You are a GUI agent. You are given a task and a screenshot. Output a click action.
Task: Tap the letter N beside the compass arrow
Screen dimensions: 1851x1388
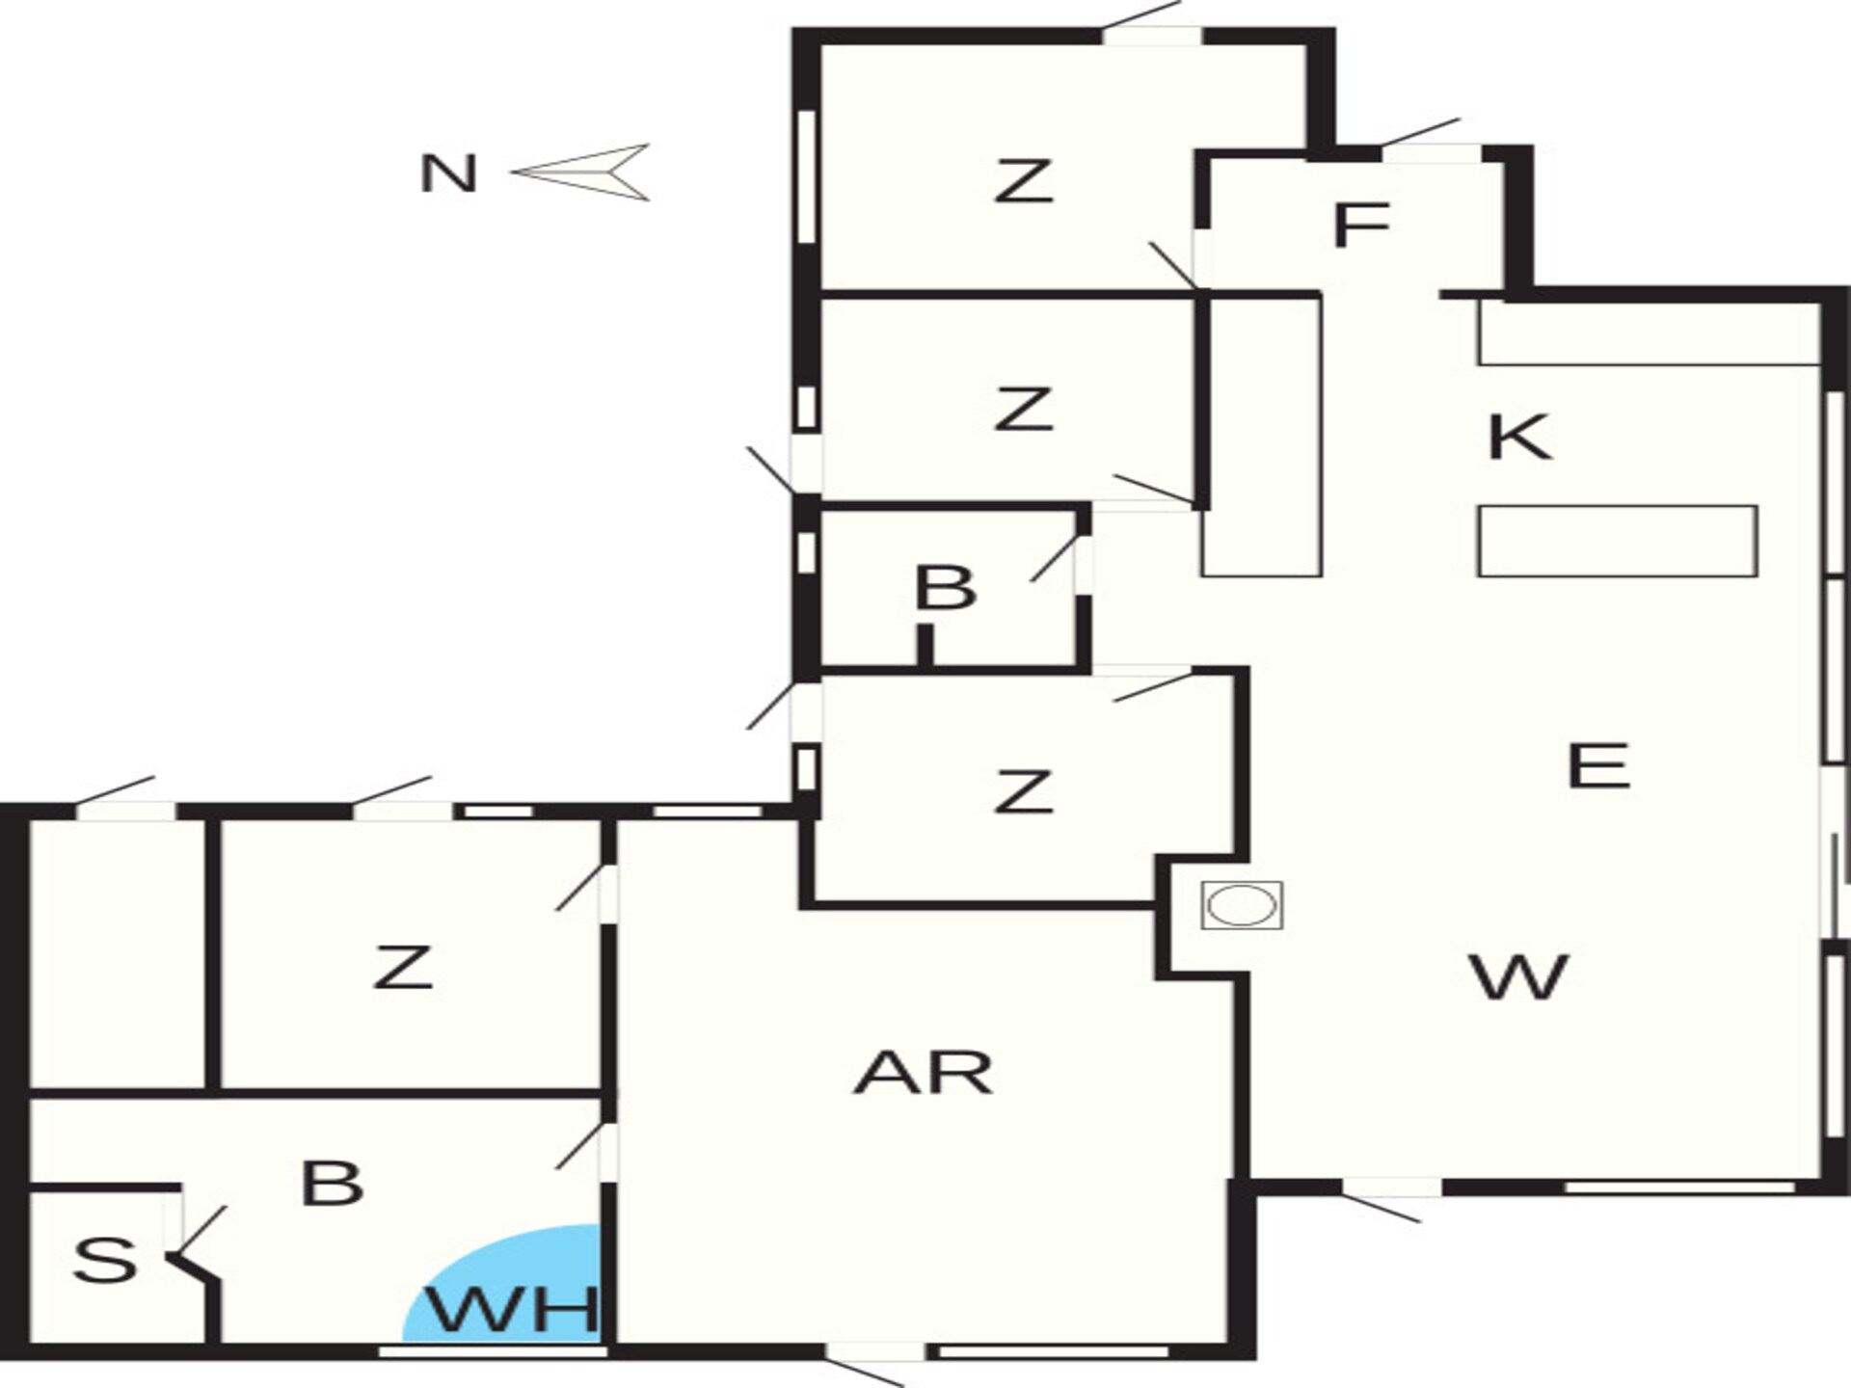pos(449,174)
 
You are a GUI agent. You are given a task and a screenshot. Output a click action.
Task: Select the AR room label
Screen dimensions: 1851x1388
pos(924,1074)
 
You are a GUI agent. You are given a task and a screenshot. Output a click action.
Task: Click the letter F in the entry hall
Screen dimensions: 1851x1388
pos(1360,224)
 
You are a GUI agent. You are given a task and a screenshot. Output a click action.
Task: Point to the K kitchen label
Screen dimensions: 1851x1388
pos(1520,437)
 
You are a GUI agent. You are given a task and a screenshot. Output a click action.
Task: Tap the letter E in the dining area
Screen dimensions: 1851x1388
pos(1598,766)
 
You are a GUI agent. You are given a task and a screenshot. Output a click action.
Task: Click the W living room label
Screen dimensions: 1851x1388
pos(1519,976)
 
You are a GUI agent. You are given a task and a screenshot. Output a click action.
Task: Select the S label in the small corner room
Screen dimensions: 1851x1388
pos(105,1260)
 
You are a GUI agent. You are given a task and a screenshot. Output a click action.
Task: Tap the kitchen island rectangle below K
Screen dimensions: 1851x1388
pos(1617,541)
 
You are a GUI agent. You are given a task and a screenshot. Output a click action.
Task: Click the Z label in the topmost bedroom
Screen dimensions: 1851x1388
pos(1023,181)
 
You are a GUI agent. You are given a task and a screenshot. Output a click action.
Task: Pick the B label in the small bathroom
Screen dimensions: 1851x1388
pos(945,588)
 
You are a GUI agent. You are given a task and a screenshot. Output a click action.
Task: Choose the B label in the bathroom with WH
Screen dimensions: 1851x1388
pos(332,1183)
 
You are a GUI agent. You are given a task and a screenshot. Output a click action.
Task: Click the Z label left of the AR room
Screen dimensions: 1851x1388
pos(403,968)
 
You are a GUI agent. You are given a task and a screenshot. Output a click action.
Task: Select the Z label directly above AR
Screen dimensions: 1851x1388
pos(1023,791)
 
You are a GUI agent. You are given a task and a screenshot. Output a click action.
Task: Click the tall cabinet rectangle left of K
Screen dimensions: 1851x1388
pos(1261,437)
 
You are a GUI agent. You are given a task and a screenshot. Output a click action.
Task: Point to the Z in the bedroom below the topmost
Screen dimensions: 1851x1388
pos(1023,409)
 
